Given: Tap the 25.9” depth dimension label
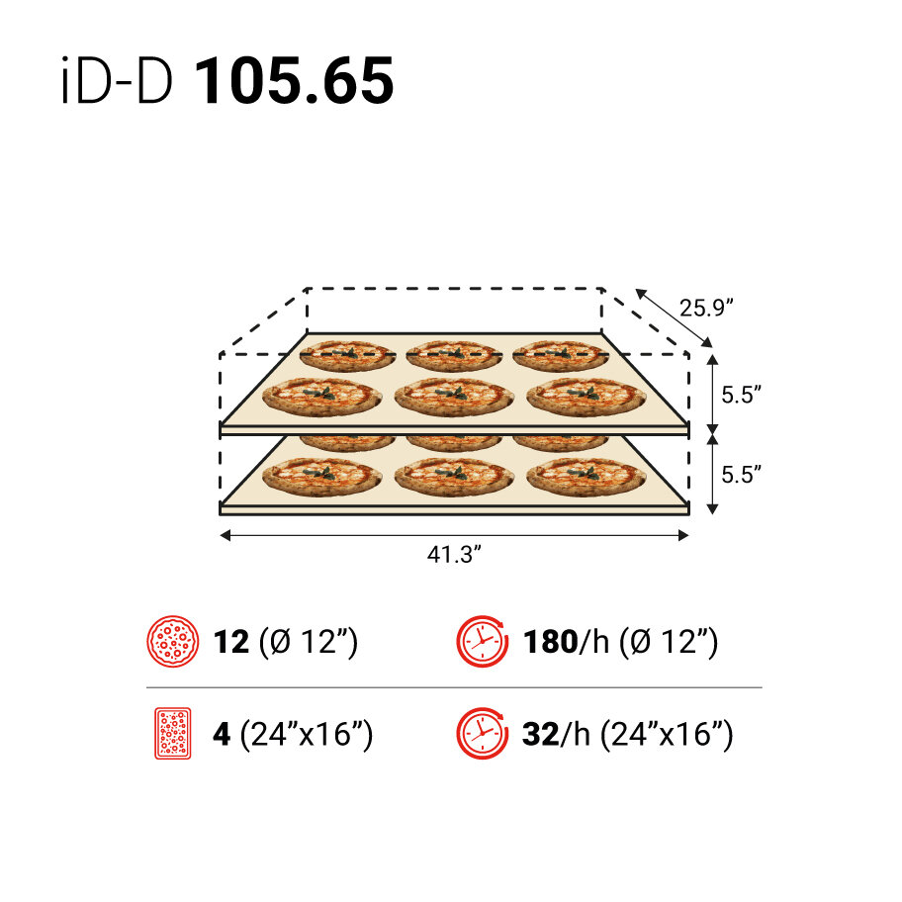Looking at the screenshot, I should (x=705, y=307).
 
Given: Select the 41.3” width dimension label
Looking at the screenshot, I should (x=453, y=555).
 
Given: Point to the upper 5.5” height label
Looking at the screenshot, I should (x=740, y=395).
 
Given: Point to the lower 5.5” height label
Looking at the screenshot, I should (x=740, y=474).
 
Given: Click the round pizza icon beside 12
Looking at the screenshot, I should (x=173, y=642).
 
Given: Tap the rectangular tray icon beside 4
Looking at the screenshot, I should (x=173, y=734).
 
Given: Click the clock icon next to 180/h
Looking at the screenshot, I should (x=480, y=642).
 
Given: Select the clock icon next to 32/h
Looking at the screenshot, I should (x=480, y=734).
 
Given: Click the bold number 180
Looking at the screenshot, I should (x=550, y=642).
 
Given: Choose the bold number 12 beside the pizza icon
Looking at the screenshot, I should (x=231, y=642).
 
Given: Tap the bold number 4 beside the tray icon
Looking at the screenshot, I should (x=222, y=735).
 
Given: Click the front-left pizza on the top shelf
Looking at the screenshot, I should (x=320, y=396).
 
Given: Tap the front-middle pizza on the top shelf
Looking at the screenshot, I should (x=453, y=396).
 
